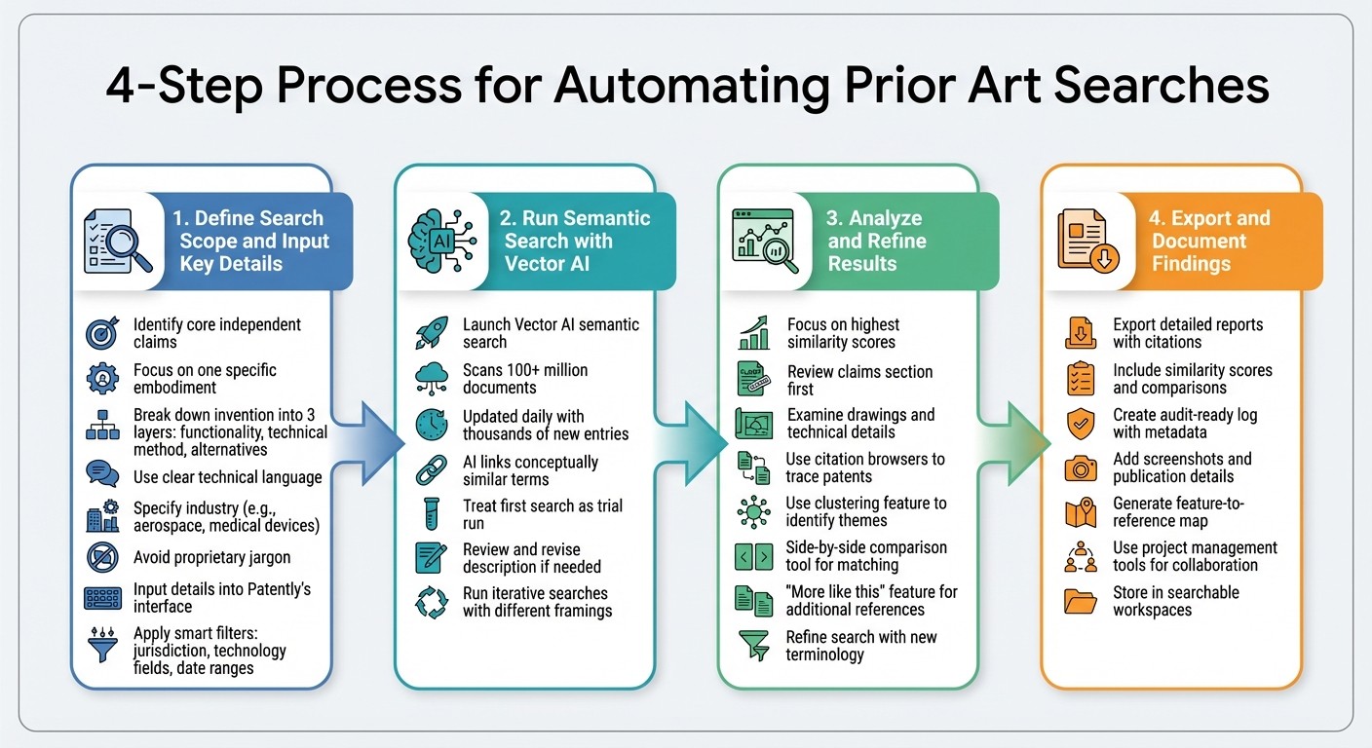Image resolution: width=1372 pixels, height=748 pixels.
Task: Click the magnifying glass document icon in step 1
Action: coord(117,241)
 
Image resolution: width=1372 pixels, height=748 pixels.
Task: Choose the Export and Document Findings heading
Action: coord(1210,241)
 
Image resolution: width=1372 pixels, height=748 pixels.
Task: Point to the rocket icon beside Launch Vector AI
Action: coord(431,333)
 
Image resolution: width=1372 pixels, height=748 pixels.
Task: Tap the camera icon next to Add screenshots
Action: coord(1081,468)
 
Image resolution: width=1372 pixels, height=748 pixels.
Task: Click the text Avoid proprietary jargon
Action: coord(211,558)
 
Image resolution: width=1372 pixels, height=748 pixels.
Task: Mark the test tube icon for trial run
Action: coord(431,514)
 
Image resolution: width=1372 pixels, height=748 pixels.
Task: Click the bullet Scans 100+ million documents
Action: coord(525,379)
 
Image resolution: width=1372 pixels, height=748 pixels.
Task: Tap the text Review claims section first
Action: coord(859,380)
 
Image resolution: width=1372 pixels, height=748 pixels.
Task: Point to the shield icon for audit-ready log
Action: coord(1081,424)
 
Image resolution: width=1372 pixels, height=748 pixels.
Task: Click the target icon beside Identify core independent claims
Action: coord(103,333)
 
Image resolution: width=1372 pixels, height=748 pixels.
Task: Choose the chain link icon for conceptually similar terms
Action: coord(431,470)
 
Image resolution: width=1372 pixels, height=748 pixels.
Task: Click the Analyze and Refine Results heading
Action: coord(876,241)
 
